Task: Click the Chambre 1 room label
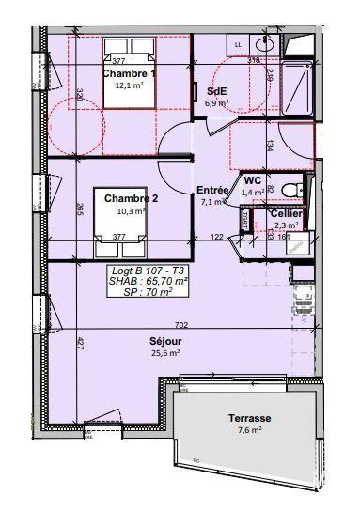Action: pos(131,74)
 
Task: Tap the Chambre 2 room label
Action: pos(131,198)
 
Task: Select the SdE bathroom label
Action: pos(216,90)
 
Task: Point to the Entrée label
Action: pos(212,190)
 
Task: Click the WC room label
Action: pos(252,180)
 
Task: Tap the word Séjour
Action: pos(164,340)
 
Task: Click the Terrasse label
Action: pos(249,418)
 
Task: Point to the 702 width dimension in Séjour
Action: pos(181,325)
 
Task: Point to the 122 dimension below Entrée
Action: pos(216,237)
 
